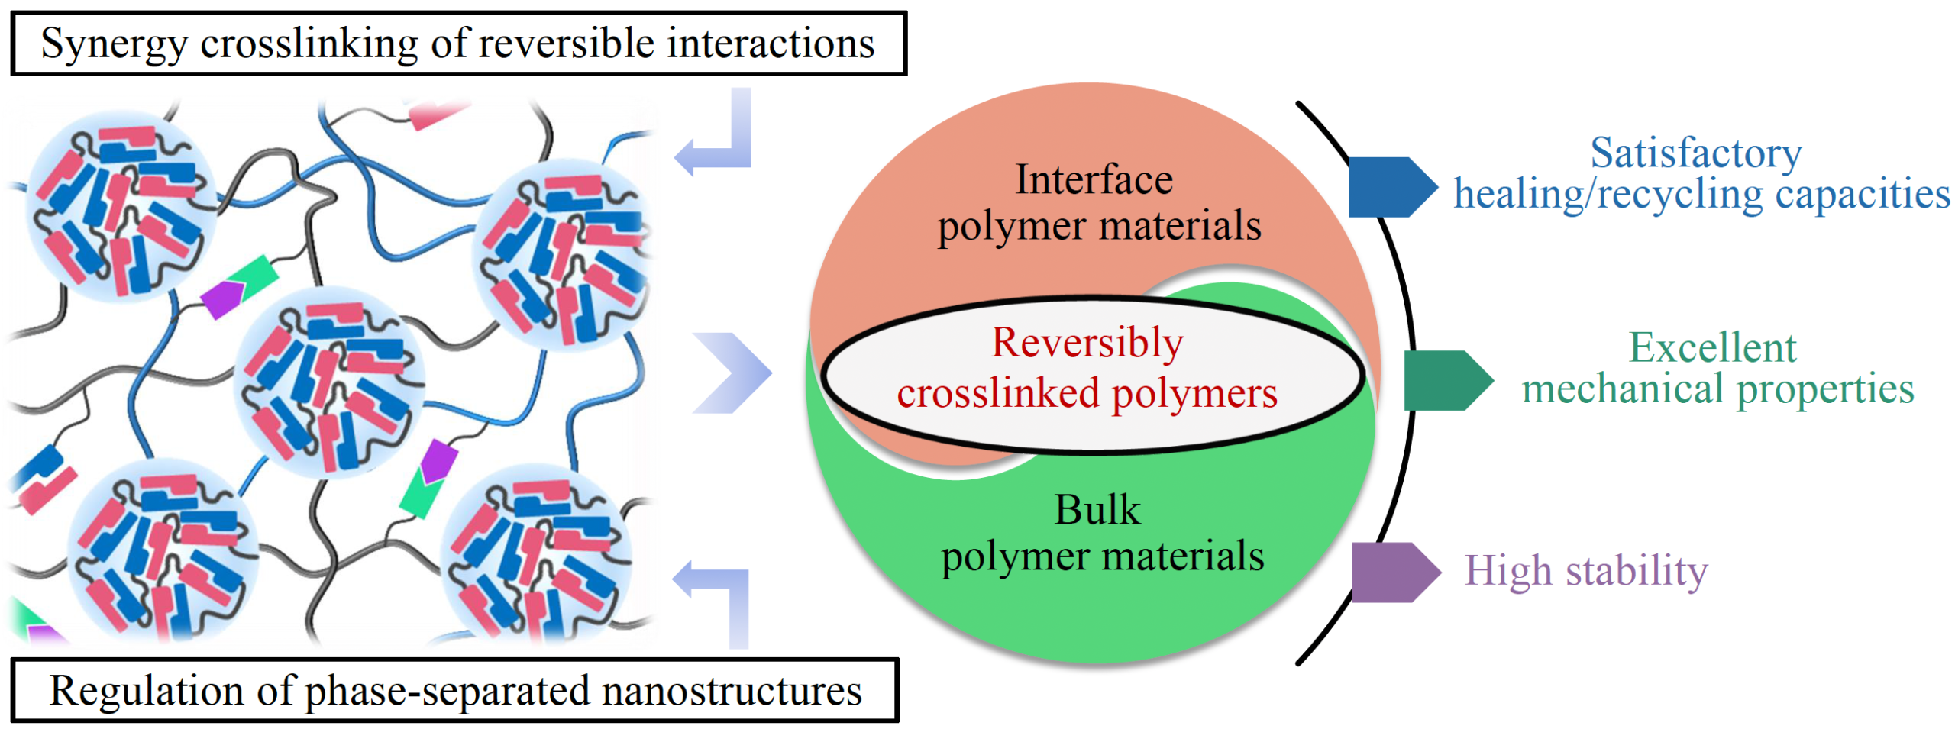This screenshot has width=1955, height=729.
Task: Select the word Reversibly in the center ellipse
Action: click(x=1087, y=343)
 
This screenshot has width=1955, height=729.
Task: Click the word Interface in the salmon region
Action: click(x=1094, y=180)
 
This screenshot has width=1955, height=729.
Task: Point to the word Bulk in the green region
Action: click(x=1097, y=510)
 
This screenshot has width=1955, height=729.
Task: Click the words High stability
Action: click(x=1585, y=571)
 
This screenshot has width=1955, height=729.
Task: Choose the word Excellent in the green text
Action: click(x=1712, y=348)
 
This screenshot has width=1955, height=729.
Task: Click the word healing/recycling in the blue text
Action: click(x=1608, y=194)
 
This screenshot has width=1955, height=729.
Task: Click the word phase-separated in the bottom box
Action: click(x=448, y=691)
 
